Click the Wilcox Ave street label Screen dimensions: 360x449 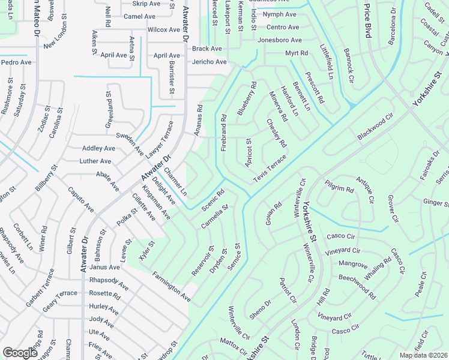pyautogui.click(x=164, y=29)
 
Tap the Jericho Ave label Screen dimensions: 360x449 pyautogui.click(x=209, y=62)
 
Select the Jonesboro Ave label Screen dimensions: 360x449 pyautogui.click(x=279, y=40)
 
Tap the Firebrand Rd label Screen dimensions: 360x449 pyautogui.click(x=223, y=132)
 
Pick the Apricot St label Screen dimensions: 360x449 pyautogui.click(x=248, y=152)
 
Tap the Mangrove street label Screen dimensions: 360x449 pyautogui.click(x=353, y=263)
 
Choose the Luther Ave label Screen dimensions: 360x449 pyautogui.click(x=95, y=161)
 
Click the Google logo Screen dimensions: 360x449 pyautogui.click(x=20, y=353)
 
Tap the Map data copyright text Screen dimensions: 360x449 pyautogui.click(x=424, y=355)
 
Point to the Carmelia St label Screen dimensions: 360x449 pyautogui.click(x=215, y=217)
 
